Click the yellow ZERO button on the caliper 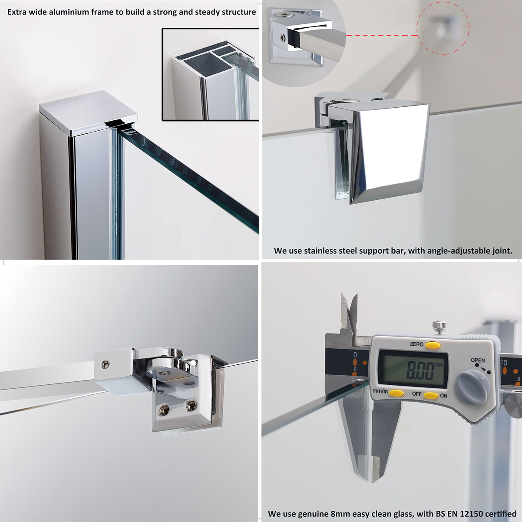pyautogui.click(x=433, y=345)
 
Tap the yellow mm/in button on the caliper pyautogui.click(x=396, y=393)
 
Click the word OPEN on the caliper pyautogui.click(x=478, y=360)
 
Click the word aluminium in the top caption pyautogui.click(x=69, y=12)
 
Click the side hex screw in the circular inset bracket pyautogui.click(x=283, y=38)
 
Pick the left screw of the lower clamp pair pyautogui.click(x=164, y=409)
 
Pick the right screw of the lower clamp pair pyautogui.click(x=191, y=406)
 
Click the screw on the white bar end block pyautogui.click(x=106, y=365)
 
